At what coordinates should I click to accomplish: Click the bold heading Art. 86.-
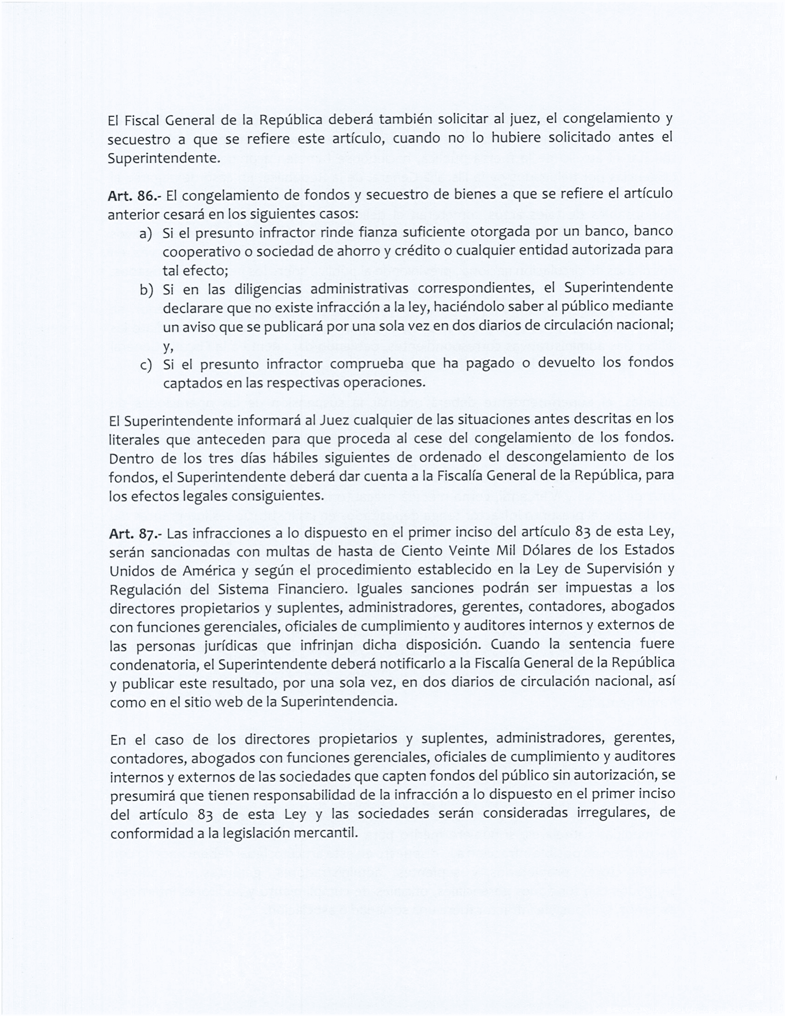[134, 195]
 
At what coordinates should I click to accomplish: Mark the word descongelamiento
[576, 456]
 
